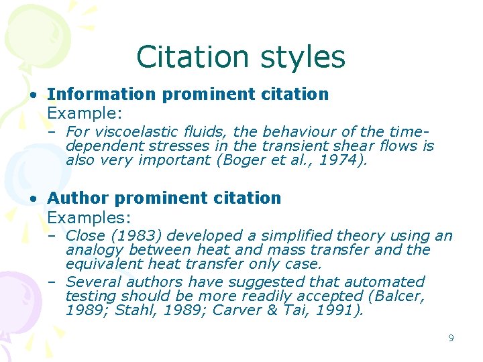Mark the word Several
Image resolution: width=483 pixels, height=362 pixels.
[93, 282]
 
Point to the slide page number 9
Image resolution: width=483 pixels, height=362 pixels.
[451, 338]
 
